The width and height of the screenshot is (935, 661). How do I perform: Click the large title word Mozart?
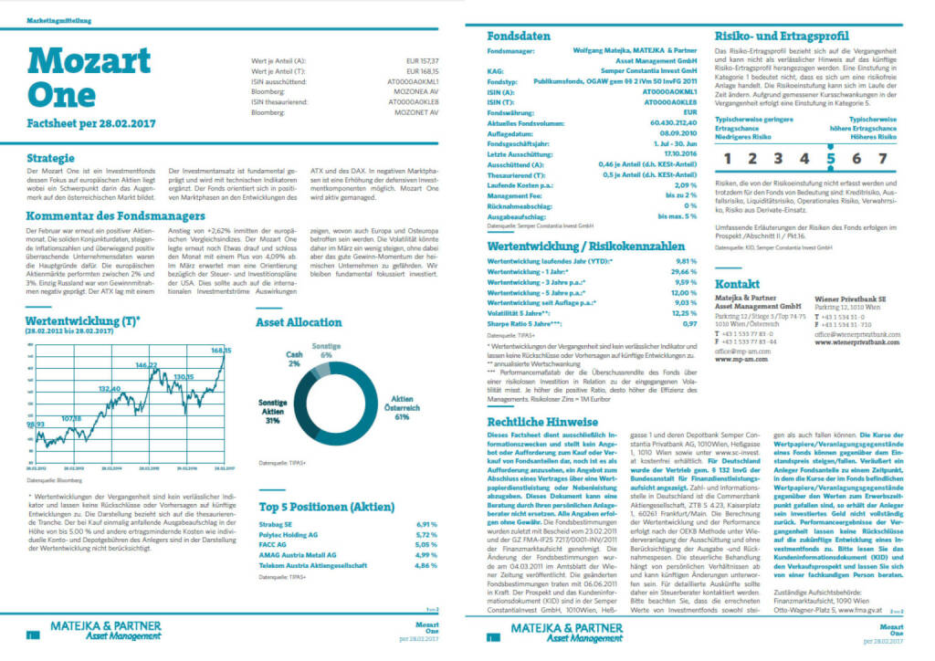(x=89, y=60)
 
